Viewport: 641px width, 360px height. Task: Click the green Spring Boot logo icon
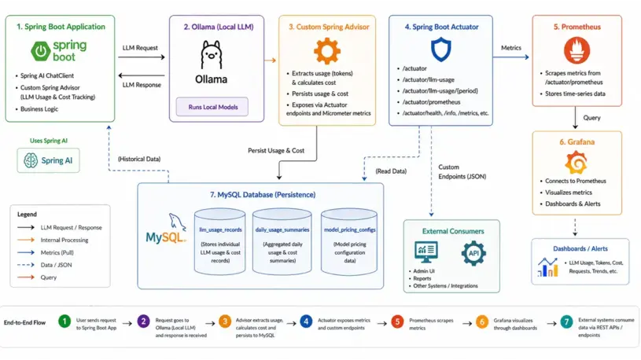[40, 52]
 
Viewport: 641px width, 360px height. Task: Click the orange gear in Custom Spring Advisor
[326, 51]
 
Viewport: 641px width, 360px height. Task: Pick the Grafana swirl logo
[577, 163]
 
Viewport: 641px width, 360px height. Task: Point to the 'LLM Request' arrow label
[140, 48]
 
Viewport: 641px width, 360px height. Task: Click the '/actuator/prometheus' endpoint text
[430, 101]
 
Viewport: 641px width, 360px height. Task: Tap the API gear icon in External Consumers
[473, 253]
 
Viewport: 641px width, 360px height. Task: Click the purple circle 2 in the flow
[144, 321]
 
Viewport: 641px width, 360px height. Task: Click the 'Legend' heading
[27, 214]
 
